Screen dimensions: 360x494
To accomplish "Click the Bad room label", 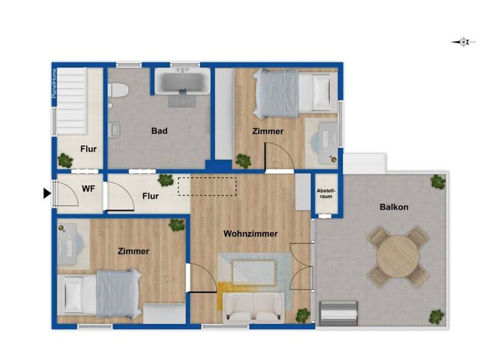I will click(x=160, y=131).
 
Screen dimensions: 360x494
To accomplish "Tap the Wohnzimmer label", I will click(x=251, y=233).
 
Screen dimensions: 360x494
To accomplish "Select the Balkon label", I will click(x=394, y=207).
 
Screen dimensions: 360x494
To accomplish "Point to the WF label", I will click(x=88, y=189).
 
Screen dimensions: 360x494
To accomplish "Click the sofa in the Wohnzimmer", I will click(x=253, y=307).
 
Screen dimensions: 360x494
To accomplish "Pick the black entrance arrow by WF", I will click(x=47, y=193).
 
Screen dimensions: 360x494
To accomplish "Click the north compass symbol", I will click(x=464, y=42).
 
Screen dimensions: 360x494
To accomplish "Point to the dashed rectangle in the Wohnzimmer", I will click(x=207, y=186).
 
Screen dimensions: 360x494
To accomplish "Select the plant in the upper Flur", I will click(x=66, y=159).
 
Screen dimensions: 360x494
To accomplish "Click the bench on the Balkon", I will click(x=340, y=313).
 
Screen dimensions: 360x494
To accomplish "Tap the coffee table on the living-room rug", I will click(x=253, y=271).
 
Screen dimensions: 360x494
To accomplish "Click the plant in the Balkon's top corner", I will click(x=438, y=181).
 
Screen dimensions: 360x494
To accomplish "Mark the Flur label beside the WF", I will click(x=151, y=196).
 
